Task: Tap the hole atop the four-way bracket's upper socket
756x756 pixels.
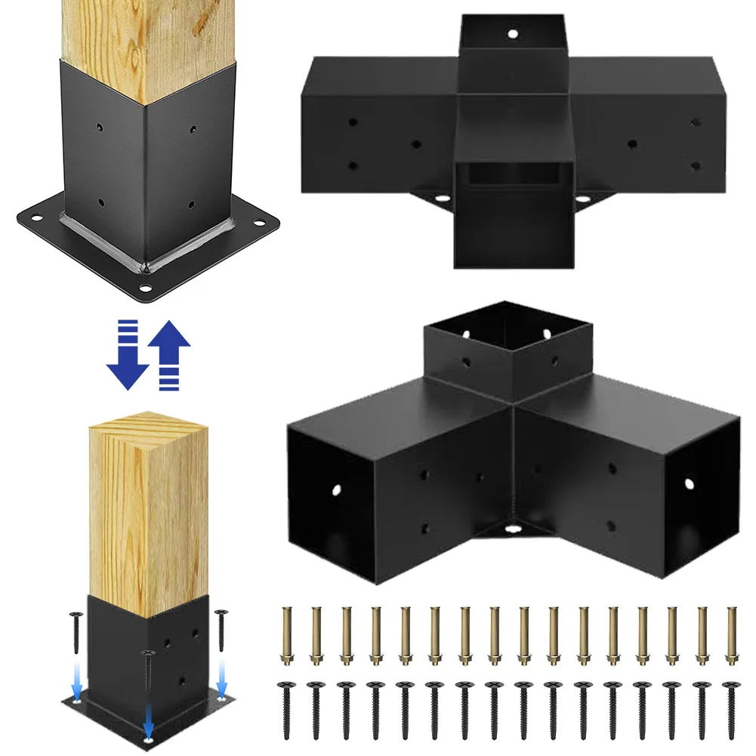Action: pyautogui.click(x=513, y=34)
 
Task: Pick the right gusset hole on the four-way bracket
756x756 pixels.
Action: pyautogui.click(x=583, y=199)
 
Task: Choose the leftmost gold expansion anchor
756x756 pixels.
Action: pyautogui.click(x=287, y=634)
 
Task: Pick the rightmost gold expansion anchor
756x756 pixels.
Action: pyautogui.click(x=730, y=634)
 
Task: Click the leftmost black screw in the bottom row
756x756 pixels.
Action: pyautogui.click(x=287, y=707)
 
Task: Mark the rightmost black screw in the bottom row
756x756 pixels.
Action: pyautogui.click(x=730, y=707)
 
